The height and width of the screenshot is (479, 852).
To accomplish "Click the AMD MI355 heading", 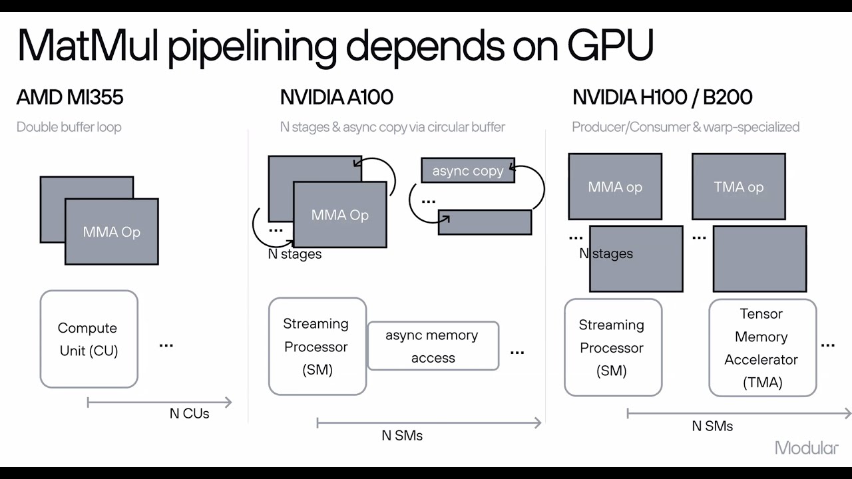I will (70, 97).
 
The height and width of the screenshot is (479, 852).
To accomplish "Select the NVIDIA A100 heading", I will (336, 97).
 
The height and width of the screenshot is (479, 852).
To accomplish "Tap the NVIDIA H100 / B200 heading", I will (662, 97).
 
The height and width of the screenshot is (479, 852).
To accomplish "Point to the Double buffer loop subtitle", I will (69, 126).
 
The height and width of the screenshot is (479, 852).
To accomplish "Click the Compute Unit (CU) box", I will (89, 339).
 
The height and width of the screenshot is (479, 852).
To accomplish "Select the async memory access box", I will (433, 346).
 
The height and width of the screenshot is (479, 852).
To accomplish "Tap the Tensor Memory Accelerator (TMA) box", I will (761, 348).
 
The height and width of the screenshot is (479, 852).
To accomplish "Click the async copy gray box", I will (468, 171).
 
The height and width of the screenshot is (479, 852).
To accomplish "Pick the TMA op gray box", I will (738, 187).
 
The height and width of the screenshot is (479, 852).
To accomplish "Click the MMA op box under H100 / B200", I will (614, 187).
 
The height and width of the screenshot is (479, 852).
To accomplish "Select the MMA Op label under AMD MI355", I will (111, 232).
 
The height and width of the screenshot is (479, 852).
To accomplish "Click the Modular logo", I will (806, 448).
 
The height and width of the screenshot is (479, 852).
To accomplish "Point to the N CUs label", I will (189, 414).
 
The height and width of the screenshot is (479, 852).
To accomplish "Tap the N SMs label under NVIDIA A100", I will (401, 436).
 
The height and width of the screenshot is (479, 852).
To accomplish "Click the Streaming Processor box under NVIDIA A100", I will (317, 347).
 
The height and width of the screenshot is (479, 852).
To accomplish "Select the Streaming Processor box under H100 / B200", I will (612, 347).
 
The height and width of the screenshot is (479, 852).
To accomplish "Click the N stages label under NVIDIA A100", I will (295, 254).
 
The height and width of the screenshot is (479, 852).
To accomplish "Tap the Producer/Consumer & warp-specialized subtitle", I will (685, 126).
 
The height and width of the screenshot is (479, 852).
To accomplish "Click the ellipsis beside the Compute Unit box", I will (166, 345).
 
